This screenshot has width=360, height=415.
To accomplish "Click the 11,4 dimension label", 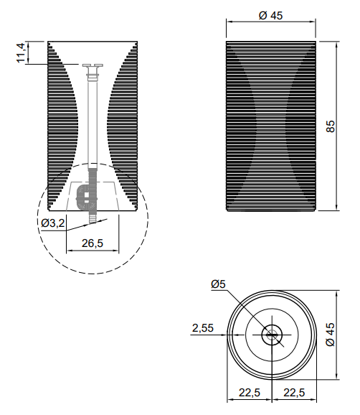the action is [21, 53].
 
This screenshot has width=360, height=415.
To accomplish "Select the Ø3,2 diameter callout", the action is [52, 223].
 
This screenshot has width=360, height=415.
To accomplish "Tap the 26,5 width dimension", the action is [93, 243].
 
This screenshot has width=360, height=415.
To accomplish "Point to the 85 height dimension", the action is [331, 126].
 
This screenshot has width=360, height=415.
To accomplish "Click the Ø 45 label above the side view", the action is [270, 16].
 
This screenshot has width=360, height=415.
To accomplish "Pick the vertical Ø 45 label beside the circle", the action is [331, 335].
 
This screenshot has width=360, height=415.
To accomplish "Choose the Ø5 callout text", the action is [218, 284].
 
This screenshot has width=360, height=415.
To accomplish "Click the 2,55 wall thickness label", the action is [203, 328].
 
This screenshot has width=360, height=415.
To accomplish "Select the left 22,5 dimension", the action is [250, 393].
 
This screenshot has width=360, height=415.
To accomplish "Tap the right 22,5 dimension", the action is [294, 393].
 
